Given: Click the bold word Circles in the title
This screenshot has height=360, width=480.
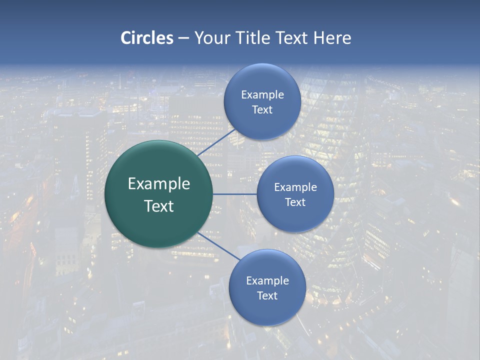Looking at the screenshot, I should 146,38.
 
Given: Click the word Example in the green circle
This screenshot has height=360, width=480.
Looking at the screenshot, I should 159,184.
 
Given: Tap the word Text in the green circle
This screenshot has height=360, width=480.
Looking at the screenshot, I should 159,206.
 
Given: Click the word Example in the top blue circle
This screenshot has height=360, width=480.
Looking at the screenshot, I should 262,94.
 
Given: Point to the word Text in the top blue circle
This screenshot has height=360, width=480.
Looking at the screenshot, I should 262,109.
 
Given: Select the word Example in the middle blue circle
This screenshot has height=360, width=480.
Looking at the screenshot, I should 295,187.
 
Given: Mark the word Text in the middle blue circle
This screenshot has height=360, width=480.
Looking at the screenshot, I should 295,202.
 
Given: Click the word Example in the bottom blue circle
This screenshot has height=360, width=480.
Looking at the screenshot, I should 267,280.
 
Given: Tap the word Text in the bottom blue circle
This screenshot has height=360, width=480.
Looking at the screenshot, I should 267,295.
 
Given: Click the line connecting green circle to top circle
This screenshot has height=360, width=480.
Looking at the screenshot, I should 216,142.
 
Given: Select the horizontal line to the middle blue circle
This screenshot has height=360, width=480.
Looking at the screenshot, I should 235,194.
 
